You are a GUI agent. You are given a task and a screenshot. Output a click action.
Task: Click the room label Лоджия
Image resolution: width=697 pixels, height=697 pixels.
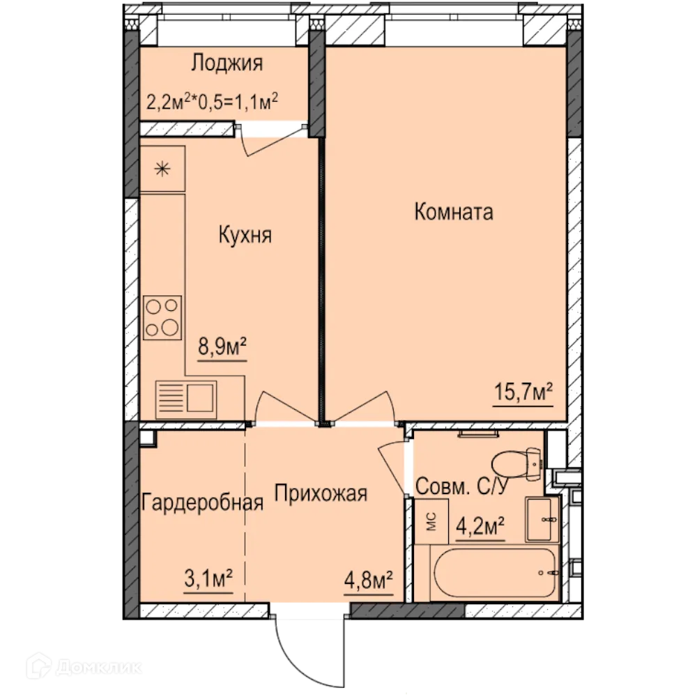coord(227,64)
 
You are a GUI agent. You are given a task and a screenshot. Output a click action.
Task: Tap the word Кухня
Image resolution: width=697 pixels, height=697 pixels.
coord(245,234)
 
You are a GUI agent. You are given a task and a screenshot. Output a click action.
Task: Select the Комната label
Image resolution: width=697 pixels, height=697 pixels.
coord(454,212)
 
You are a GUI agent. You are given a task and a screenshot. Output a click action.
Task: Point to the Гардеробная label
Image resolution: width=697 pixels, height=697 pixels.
coord(202,503)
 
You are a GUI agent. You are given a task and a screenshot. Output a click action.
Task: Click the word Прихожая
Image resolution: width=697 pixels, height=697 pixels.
coord(320,494)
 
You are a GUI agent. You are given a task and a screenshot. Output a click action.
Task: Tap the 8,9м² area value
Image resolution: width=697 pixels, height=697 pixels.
coord(224,346)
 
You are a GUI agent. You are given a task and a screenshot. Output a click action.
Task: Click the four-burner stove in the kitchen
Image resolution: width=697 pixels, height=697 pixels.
coord(162,317)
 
